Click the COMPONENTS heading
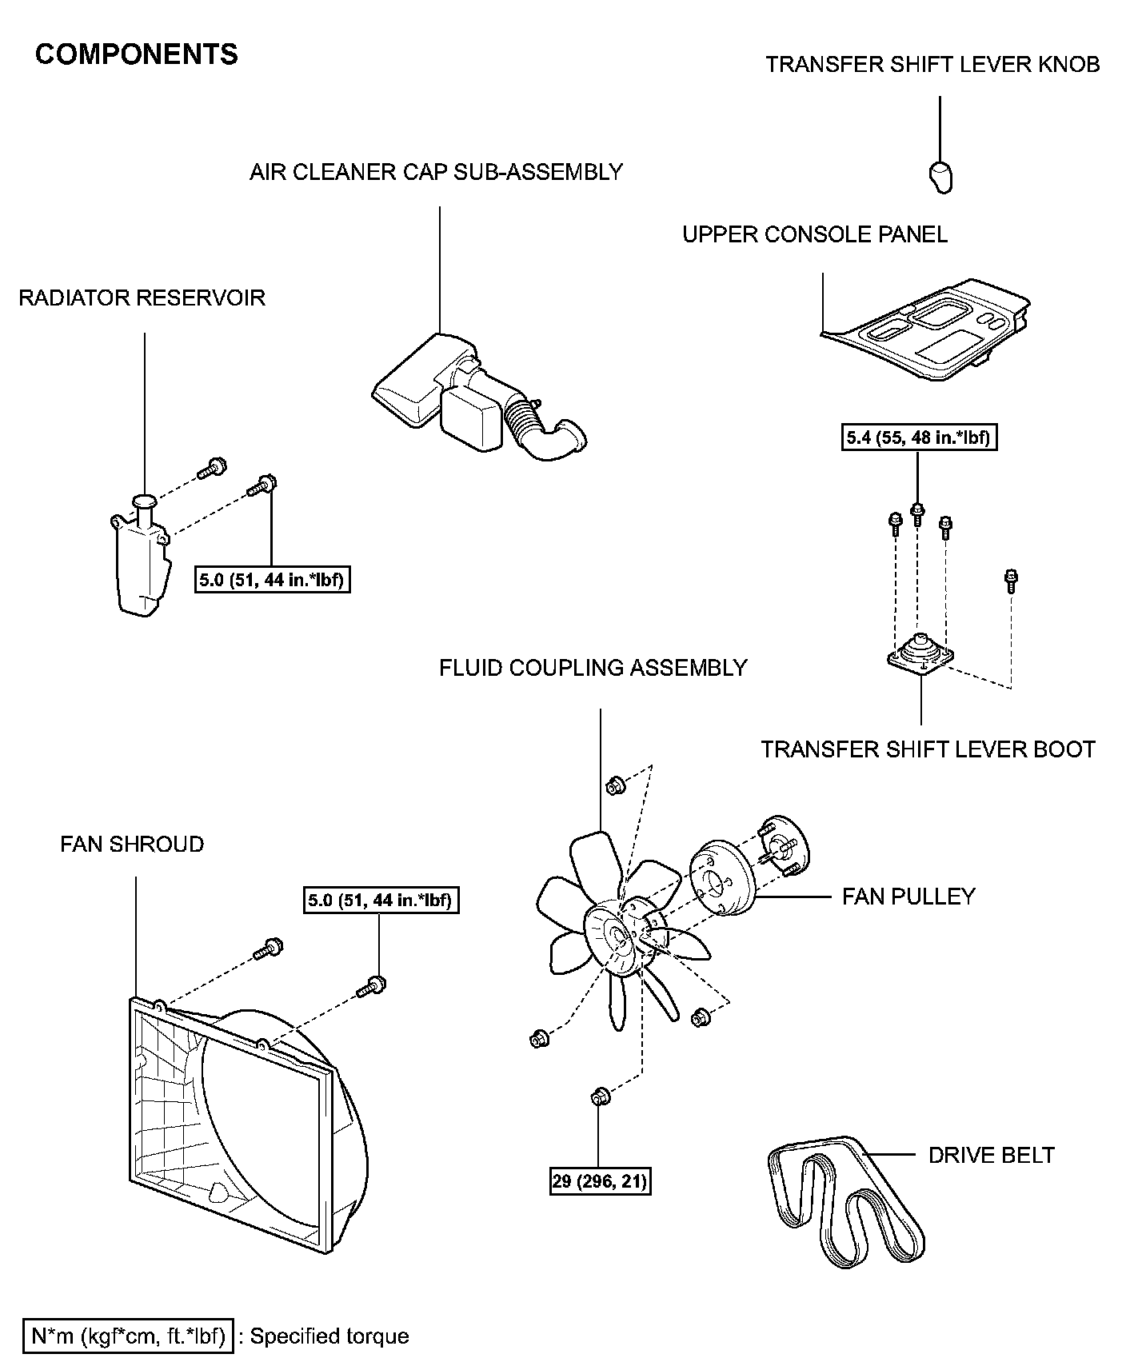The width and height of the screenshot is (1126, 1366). [137, 54]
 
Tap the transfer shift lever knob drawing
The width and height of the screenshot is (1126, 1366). [940, 176]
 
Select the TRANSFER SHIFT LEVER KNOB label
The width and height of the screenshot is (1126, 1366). [932, 65]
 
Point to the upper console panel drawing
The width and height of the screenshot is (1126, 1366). [928, 328]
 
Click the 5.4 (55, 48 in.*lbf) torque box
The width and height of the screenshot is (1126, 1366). [919, 438]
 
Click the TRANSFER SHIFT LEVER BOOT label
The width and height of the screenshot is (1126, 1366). [928, 749]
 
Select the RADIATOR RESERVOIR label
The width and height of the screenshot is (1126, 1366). [142, 298]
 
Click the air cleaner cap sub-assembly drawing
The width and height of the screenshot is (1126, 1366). [472, 400]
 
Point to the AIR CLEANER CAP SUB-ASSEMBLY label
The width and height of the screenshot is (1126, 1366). [436, 172]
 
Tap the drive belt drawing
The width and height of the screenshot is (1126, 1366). [848, 1200]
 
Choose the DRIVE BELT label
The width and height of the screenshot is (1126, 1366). [991, 1155]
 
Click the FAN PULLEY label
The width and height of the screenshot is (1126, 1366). [908, 896]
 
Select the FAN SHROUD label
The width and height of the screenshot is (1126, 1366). [132, 845]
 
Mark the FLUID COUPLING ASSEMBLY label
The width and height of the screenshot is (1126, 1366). [593, 668]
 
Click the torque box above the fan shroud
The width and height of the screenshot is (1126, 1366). [380, 901]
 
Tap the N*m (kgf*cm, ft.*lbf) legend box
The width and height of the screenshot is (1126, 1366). [128, 1336]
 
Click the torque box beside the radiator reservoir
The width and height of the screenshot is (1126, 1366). [273, 579]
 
